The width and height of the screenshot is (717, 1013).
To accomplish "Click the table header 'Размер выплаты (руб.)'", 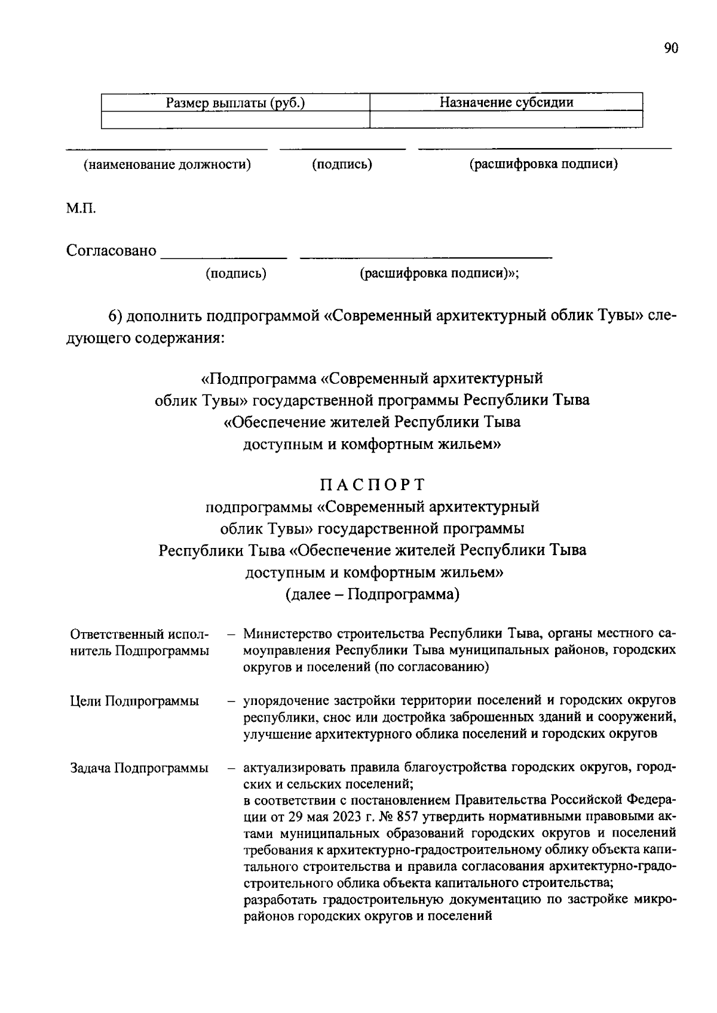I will [235, 103].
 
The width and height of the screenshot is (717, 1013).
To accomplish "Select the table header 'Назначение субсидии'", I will [506, 102].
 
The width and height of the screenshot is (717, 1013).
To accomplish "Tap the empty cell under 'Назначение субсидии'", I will [506, 119].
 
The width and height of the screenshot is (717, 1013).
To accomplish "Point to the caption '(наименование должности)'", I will [167, 164].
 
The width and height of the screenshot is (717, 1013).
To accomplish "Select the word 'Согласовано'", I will [111, 251].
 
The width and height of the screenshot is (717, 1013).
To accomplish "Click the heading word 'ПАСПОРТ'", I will [372, 484].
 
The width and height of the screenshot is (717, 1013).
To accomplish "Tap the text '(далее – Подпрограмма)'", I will [372, 595].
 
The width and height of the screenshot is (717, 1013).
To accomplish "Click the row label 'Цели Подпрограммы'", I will [134, 701].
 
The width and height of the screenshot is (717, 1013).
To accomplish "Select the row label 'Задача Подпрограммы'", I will [139, 768].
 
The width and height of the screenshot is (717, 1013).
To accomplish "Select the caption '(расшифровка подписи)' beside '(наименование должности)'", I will [543, 164].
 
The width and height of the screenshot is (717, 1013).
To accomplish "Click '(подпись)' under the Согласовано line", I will [236, 273].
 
